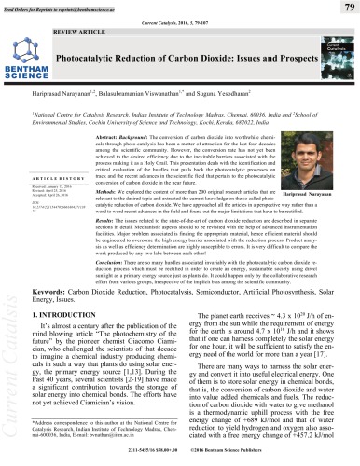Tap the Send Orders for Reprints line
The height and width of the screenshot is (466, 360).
click(x=56, y=5)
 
